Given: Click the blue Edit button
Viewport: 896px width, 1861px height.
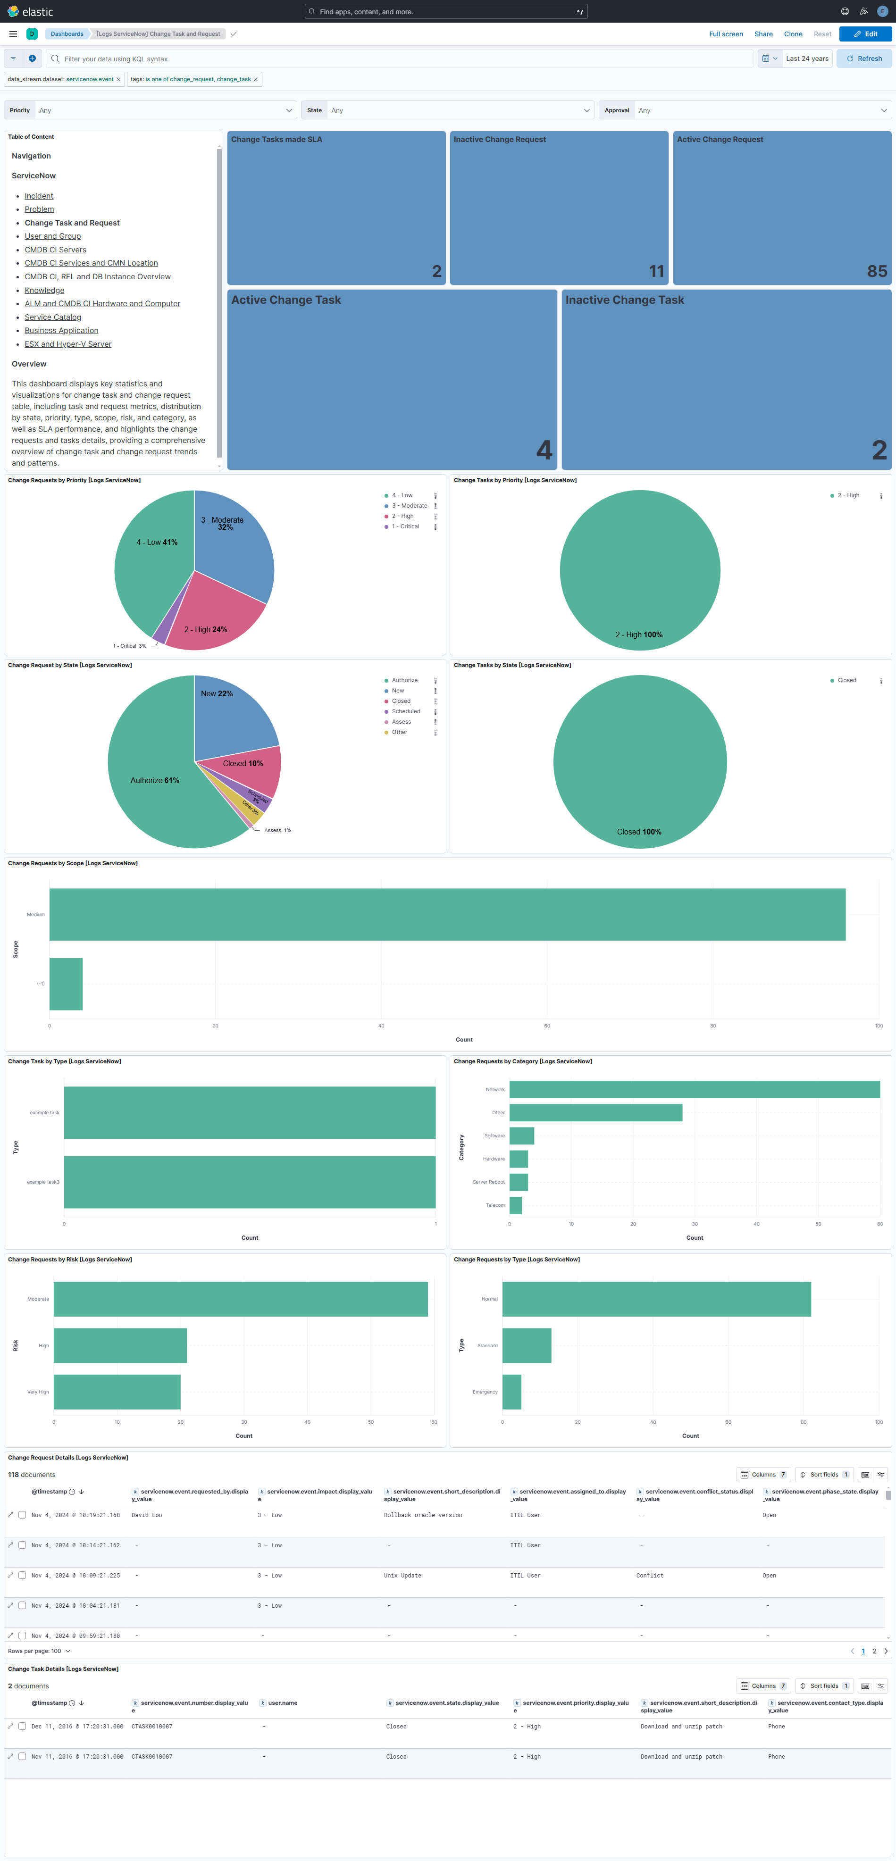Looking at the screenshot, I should (x=865, y=34).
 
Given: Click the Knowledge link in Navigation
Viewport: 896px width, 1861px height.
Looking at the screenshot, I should (x=44, y=291).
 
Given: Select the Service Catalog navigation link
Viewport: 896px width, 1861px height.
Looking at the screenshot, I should (x=53, y=317).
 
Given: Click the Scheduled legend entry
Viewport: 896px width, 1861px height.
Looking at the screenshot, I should (x=405, y=711).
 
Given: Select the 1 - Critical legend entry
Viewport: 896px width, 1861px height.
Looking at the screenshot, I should (x=405, y=526).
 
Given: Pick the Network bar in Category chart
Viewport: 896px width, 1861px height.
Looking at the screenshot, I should (x=694, y=1089).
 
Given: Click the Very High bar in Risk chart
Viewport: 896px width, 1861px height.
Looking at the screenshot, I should (x=117, y=1392).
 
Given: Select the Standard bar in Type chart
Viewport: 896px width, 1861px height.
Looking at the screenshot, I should (x=526, y=1345).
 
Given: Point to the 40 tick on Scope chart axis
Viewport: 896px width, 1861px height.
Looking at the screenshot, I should (x=381, y=1026).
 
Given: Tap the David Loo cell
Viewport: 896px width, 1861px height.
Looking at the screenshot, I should (x=147, y=1515).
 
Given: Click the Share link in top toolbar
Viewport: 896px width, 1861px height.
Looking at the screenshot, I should (x=763, y=34).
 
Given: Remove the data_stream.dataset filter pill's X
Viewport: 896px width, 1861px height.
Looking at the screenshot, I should (x=118, y=79).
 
